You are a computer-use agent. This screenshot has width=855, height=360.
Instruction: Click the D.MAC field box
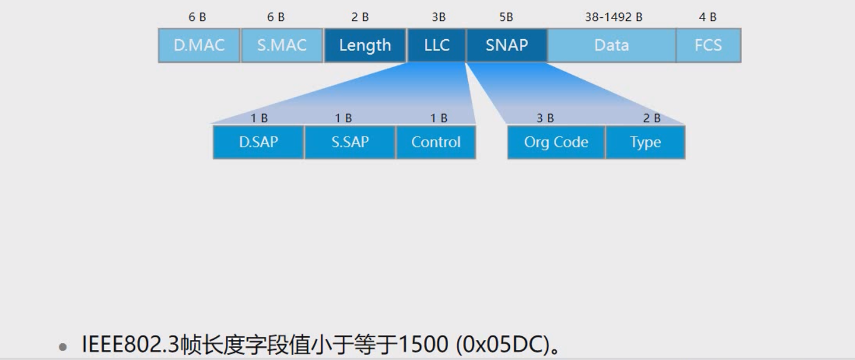pos(199,45)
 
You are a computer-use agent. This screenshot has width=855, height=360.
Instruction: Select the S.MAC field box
pos(282,45)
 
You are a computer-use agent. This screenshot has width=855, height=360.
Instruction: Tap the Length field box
pos(365,45)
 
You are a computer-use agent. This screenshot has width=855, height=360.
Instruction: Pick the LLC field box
pos(436,45)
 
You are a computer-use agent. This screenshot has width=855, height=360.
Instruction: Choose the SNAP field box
pos(506,45)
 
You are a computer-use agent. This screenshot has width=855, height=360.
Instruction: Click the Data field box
pos(611,45)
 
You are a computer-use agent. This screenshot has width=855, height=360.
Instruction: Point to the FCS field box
pos(708,45)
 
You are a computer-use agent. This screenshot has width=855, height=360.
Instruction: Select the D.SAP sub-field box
pos(258,142)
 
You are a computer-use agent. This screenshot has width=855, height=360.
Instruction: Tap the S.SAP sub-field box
pos(350,142)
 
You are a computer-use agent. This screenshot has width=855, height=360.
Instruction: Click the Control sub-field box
pos(436,142)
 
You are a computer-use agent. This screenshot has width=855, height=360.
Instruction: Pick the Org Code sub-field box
pos(556,142)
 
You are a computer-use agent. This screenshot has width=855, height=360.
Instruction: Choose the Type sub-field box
pos(645,142)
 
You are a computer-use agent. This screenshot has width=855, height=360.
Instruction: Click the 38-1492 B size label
pos(613,17)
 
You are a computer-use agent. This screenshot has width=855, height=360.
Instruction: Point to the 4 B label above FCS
pos(707,17)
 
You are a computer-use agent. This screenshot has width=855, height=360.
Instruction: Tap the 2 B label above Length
pos(359,17)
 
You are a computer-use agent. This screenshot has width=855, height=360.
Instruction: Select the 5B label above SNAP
pos(506,17)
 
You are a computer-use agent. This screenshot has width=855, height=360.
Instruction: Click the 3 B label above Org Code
pos(545,118)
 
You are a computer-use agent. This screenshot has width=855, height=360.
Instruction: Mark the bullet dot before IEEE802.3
pos(63,346)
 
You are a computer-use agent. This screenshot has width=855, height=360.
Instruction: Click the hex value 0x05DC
pos(500,344)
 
